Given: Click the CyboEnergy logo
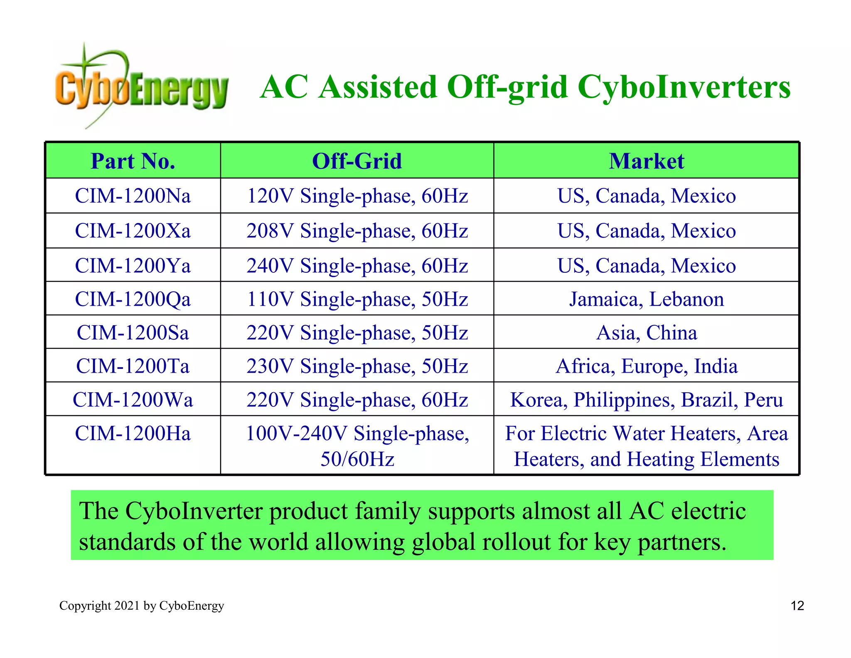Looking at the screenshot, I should click(141, 85).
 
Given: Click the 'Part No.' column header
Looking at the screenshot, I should click(133, 161).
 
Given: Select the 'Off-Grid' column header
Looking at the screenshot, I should click(357, 161).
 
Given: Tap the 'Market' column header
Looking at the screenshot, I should click(646, 161).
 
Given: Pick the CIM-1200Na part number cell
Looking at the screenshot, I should click(133, 196).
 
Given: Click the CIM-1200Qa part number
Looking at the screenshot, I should click(133, 299).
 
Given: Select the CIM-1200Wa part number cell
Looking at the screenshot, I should click(133, 400).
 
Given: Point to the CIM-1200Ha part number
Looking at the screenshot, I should click(133, 433).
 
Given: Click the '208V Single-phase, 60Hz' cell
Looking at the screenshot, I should click(357, 231).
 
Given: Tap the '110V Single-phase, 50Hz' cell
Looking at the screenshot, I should click(357, 299).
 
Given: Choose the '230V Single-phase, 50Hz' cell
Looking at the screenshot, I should click(357, 366).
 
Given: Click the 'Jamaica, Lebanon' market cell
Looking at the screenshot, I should click(646, 299).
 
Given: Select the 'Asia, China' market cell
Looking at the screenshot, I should click(646, 333).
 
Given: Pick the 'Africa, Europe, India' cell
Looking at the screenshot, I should click(646, 366).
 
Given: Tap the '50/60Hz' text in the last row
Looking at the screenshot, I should click(357, 459).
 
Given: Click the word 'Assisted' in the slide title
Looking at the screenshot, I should click(378, 87).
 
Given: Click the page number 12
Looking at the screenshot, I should click(797, 606).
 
